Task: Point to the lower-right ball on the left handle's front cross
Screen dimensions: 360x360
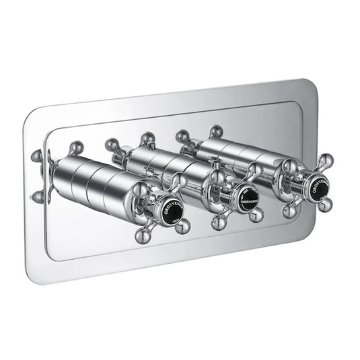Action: pos(198,229)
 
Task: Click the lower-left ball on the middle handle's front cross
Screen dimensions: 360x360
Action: pos(219,220)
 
